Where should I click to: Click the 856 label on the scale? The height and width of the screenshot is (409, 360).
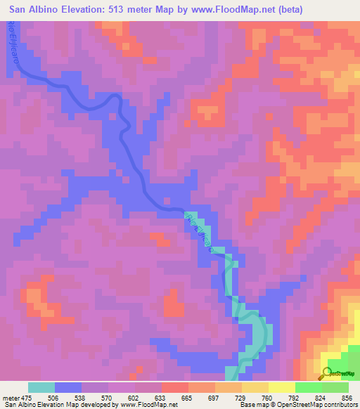point(345,397)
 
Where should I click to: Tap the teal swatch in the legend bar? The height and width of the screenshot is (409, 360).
point(41,387)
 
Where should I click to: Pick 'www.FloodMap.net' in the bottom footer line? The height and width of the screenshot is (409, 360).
point(149,405)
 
